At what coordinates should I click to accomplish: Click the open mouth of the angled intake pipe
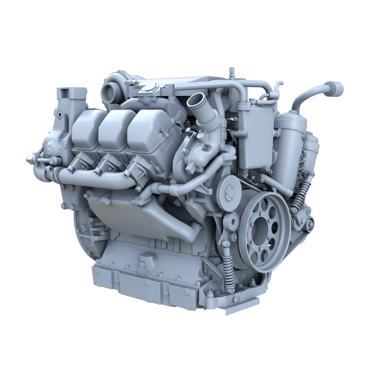[x=196, y=100]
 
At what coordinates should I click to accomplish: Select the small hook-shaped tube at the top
[x=277, y=88]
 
